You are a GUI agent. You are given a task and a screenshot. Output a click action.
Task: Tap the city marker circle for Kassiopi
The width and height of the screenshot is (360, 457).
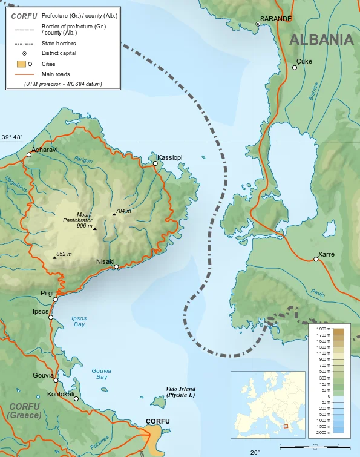point(155,163)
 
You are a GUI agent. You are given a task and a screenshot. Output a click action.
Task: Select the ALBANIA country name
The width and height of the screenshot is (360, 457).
point(321,40)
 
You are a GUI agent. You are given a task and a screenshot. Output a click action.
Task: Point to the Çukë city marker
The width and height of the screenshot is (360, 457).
point(295,68)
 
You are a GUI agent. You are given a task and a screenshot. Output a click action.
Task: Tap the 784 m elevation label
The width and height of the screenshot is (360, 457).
point(123,211)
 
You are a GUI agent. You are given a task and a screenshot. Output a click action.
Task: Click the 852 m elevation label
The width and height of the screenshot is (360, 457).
point(64,254)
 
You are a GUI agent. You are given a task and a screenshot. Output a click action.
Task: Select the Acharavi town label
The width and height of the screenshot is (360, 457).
point(44,150)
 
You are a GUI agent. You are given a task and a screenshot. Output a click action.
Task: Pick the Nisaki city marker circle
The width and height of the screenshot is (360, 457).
point(116,267)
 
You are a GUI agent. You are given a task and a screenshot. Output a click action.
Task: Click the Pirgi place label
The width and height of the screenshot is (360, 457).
point(47,293)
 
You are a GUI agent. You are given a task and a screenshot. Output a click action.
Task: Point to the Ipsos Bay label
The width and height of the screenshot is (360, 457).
point(79,321)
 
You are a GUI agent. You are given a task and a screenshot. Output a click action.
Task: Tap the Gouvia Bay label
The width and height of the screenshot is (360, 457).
point(102,373)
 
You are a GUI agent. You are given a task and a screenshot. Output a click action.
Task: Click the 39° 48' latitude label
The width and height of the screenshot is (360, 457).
point(12,137)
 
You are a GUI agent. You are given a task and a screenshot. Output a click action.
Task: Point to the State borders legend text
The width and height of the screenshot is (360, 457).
point(59,44)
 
